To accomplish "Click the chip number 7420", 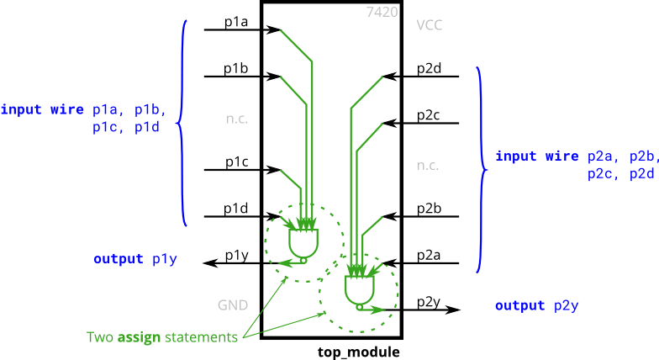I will pos(382,12).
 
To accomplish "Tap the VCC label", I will pos(429,25).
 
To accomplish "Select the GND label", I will pos(233,304).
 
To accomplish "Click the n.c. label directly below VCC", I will pos(427,166).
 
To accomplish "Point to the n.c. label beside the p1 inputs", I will pos(236,119).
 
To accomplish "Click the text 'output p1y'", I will pos(134,259).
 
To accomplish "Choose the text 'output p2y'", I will pos(536,305).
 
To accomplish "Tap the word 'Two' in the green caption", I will pos(100,337).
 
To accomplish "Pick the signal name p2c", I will pos(603,174).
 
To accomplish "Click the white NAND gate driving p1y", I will pos(303,243).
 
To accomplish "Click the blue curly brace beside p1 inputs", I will pos(182,124).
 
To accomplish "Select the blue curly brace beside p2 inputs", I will pos(480,170).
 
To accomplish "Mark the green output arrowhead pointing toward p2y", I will pos(381,310).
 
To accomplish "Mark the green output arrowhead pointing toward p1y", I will pos(284,263).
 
